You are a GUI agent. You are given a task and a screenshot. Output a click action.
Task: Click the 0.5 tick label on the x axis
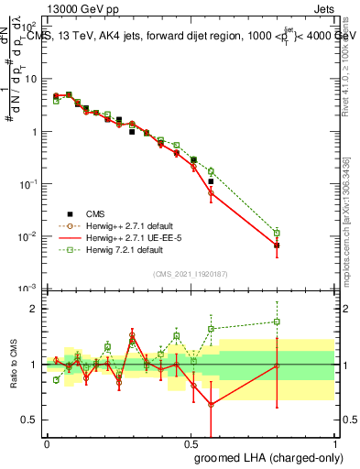tap(191, 443)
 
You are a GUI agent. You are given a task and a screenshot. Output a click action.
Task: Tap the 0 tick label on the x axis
tap(47, 443)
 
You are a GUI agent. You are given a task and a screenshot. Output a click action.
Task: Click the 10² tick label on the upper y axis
tap(29, 26)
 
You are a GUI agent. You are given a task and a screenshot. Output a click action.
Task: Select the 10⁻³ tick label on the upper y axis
tap(29, 289)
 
